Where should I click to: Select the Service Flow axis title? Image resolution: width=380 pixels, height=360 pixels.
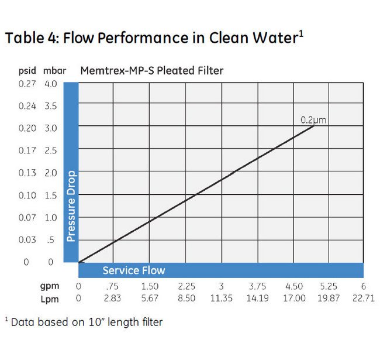tap(134, 270)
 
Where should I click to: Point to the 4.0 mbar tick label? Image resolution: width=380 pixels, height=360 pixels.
tap(50, 84)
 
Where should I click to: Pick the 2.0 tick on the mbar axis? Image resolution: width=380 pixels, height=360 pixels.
tap(50, 173)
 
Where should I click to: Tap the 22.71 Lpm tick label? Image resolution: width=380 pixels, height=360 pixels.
tap(364, 298)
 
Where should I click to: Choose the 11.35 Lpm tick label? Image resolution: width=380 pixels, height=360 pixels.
tap(222, 298)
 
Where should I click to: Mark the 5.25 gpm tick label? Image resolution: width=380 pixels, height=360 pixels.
tap(329, 287)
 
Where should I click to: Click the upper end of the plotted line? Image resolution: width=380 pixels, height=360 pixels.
tap(315, 126)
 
